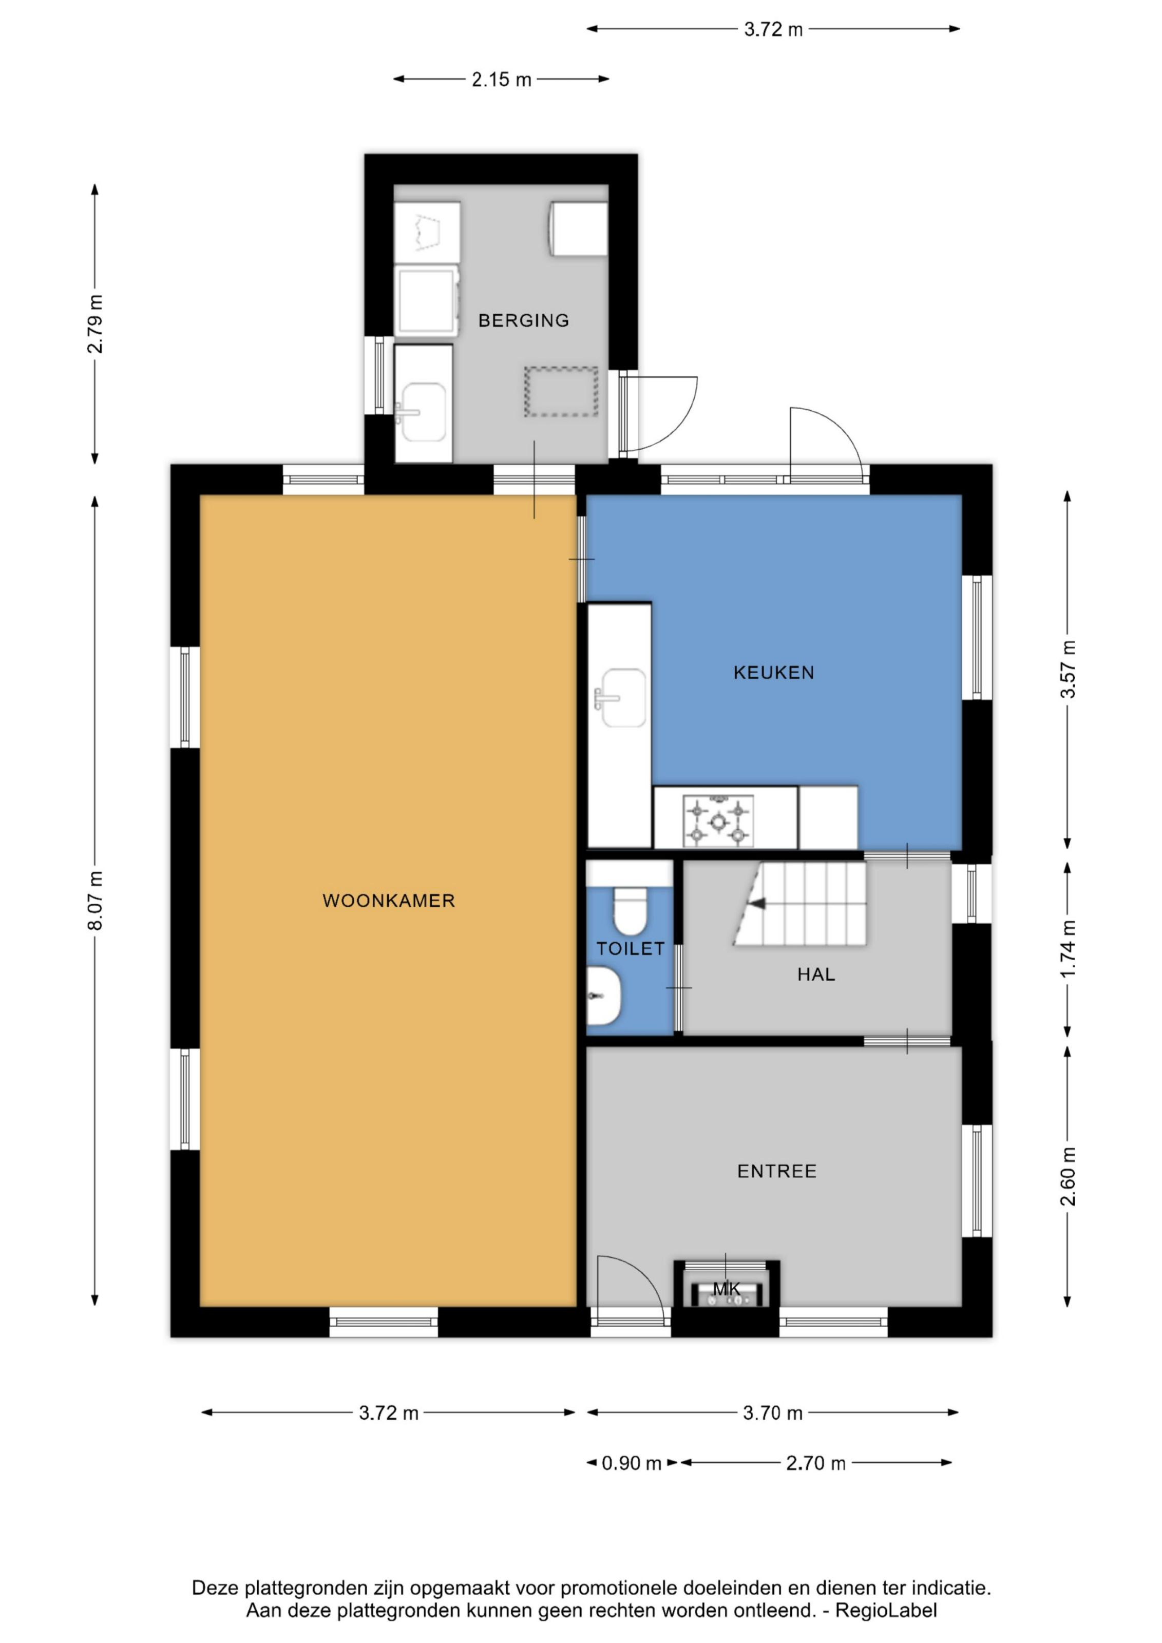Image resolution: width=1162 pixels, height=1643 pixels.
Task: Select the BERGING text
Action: point(524,320)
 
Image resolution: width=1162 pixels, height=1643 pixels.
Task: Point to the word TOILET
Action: point(631,949)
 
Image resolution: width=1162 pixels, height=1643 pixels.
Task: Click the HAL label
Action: point(816,975)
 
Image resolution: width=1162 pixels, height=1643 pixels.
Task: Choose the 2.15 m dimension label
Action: point(502,80)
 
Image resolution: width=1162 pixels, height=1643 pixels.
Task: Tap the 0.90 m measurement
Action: point(631,1463)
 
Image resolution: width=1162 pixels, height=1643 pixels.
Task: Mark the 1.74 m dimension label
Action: point(1068,949)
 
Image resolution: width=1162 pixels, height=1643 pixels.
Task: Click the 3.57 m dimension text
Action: point(1068,670)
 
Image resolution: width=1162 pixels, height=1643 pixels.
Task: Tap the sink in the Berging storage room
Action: point(424,411)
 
